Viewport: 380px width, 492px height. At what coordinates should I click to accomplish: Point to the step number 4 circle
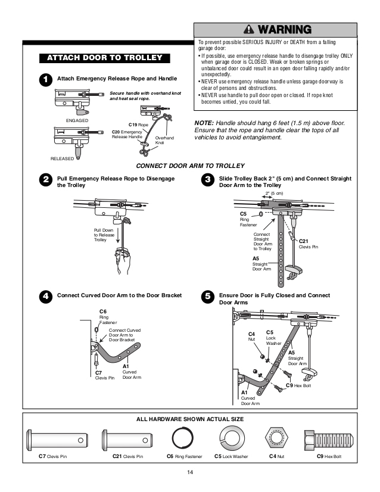click(44, 296)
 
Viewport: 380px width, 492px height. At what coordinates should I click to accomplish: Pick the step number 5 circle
click(207, 296)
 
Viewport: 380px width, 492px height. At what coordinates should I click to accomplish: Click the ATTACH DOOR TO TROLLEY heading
click(104, 58)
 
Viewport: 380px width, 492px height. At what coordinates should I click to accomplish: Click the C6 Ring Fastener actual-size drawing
click(183, 440)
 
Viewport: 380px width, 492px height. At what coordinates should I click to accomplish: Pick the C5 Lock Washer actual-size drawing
click(231, 440)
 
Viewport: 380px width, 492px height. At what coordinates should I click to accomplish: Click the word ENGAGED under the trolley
click(77, 121)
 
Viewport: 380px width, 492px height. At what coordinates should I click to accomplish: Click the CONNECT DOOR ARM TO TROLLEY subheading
click(190, 166)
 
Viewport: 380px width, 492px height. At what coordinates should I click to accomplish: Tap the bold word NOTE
click(205, 122)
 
